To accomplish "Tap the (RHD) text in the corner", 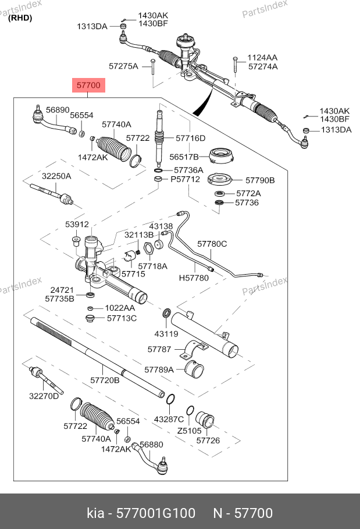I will [x=20, y=17].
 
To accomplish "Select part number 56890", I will [x=58, y=109].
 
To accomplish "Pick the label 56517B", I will [x=184, y=157].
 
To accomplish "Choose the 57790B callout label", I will [x=259, y=180].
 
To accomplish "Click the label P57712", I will [x=185, y=179].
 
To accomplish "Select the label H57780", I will [x=193, y=278].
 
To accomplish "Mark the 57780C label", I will [x=212, y=244].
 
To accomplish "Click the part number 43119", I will [x=166, y=333].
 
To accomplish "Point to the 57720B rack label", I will [x=105, y=380].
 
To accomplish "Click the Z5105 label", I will [x=189, y=431].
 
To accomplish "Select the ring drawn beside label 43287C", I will [x=170, y=399].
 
